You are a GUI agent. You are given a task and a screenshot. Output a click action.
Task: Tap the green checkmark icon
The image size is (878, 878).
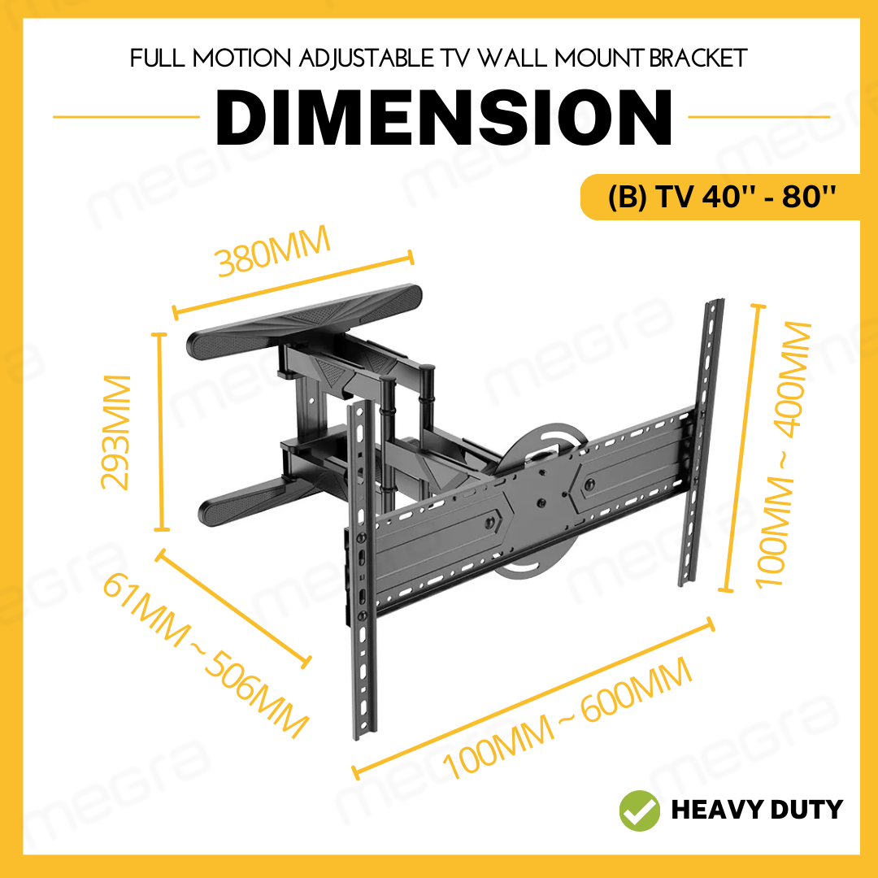[x=640, y=809]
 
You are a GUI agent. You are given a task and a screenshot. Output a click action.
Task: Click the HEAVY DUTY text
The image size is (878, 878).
[x=756, y=810]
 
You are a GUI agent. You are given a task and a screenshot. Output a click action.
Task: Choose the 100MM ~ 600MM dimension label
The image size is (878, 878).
[x=567, y=718]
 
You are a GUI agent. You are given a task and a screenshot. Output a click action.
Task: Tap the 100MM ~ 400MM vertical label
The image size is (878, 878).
[x=785, y=454]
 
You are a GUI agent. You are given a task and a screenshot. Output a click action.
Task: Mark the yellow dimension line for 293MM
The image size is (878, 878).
[x=161, y=432]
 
